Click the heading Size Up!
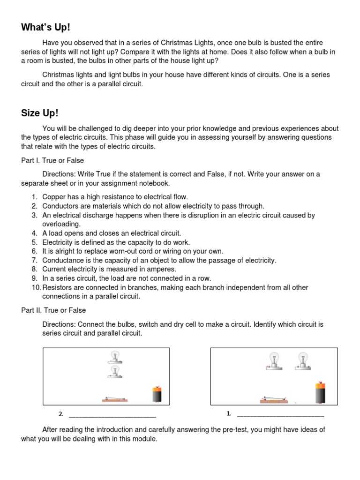[40, 113]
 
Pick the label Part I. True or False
[52, 161]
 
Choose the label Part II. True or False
[53, 310]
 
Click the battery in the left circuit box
[157, 394]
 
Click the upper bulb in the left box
[114, 357]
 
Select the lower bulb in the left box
[114, 372]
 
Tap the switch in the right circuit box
[274, 400]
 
